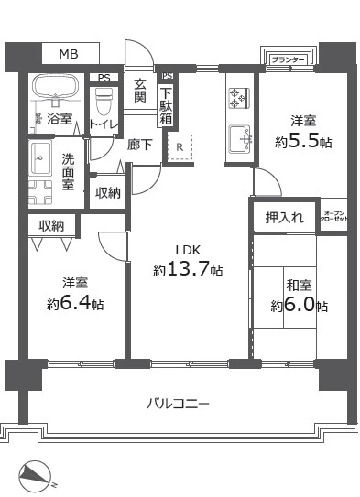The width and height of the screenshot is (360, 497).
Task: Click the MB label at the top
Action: pyautogui.click(x=69, y=55)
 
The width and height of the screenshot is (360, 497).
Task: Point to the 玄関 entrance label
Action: pyautogui.click(x=139, y=90)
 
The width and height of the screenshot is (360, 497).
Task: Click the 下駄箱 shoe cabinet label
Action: pyautogui.click(x=166, y=103)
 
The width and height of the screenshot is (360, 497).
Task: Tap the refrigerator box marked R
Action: pyautogui.click(x=180, y=145)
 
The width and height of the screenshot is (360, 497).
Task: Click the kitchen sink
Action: pyautogui.click(x=239, y=138)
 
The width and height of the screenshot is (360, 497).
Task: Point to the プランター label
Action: pyautogui.click(x=288, y=60)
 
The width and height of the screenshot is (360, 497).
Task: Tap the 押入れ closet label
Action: pyautogui.click(x=283, y=218)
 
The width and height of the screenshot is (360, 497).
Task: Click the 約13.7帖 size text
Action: pyautogui.click(x=188, y=270)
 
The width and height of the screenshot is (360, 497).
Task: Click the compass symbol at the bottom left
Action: pyautogui.click(x=38, y=475)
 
